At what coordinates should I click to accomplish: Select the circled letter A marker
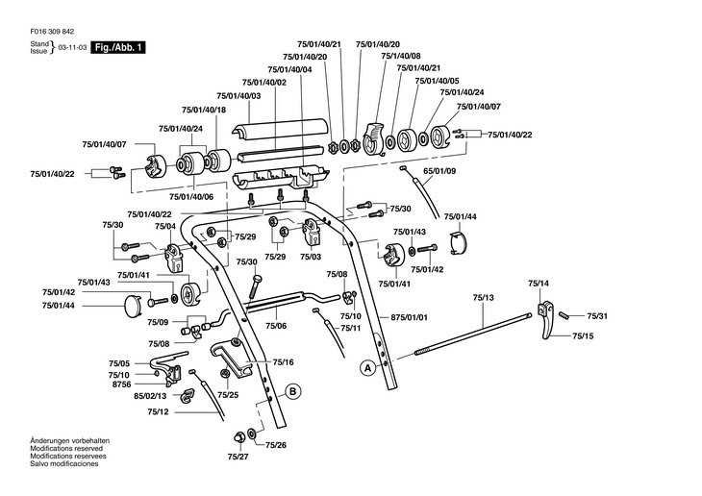pyautogui.click(x=366, y=367)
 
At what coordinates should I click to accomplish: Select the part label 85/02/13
pyautogui.click(x=150, y=396)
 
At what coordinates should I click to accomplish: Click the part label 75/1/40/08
pyautogui.click(x=401, y=57)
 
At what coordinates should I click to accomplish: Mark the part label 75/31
pyautogui.click(x=597, y=316)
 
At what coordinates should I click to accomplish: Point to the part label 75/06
pyautogui.click(x=276, y=326)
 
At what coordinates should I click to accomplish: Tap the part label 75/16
pyautogui.click(x=282, y=362)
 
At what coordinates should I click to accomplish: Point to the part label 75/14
pyautogui.click(x=539, y=284)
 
